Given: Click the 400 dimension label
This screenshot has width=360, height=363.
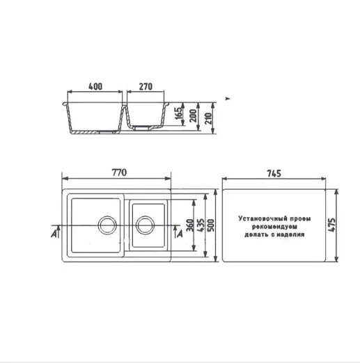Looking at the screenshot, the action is coord(95,86).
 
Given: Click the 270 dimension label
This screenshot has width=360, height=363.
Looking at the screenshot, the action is coord(146,86).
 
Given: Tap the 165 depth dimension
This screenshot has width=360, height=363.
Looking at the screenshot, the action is coord(179,113).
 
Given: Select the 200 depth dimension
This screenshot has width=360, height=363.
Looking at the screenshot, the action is coord(193,116).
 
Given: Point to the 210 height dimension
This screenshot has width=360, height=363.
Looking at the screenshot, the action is coord(209,118).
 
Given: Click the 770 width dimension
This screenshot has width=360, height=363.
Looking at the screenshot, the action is coord(119,172).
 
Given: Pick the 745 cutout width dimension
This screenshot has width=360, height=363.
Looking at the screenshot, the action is coord(274,173).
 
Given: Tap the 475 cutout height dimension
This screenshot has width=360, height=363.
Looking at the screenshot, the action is coord(332,225).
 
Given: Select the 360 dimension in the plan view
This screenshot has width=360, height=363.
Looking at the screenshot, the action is coord(190,225).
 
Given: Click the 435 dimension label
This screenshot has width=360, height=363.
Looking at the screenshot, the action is coord(201,225).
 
